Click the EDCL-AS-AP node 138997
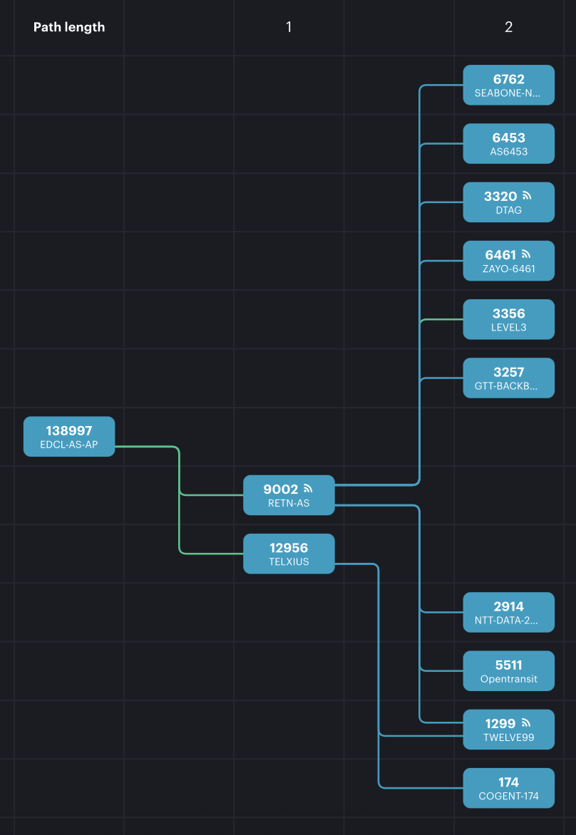click(x=69, y=437)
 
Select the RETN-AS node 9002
click(x=288, y=495)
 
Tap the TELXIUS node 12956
click(x=288, y=554)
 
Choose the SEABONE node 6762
click(x=508, y=85)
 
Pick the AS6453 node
click(x=508, y=144)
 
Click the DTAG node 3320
click(x=508, y=202)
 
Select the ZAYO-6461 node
click(x=508, y=261)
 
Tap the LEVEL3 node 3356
click(x=508, y=319)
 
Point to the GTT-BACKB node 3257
click(x=508, y=378)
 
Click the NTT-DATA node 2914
click(x=508, y=612)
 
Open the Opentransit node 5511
click(x=508, y=670)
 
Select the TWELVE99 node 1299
click(x=508, y=729)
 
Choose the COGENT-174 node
click(x=508, y=788)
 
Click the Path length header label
click(x=69, y=27)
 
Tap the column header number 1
click(x=289, y=27)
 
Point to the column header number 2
click(x=508, y=27)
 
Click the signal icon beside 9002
click(x=308, y=488)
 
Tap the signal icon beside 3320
click(x=527, y=195)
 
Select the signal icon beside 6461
click(x=527, y=254)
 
